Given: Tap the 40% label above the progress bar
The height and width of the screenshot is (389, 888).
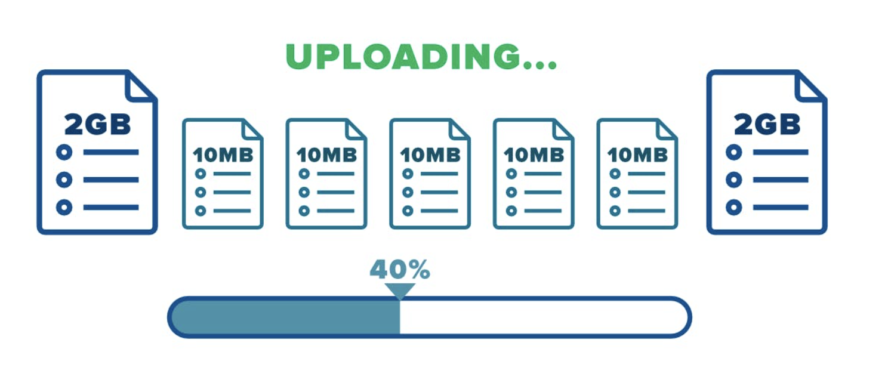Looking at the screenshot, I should [x=399, y=270].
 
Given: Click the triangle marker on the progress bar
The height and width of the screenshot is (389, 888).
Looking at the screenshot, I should [x=399, y=291].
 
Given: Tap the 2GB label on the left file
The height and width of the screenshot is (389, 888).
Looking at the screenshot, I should [x=97, y=125].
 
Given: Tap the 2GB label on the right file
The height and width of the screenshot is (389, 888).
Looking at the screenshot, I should [x=767, y=125].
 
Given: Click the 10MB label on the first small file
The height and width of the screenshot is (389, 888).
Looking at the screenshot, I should [x=223, y=155].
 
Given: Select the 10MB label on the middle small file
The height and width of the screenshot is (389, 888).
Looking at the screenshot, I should [x=430, y=155].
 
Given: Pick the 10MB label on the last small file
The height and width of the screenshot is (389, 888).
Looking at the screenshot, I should [x=637, y=155].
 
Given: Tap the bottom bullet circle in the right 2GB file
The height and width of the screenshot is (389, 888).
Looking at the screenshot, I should [x=733, y=208].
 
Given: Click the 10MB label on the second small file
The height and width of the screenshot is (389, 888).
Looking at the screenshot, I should [x=326, y=155].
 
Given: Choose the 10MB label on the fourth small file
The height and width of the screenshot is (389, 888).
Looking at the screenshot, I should [x=534, y=155].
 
